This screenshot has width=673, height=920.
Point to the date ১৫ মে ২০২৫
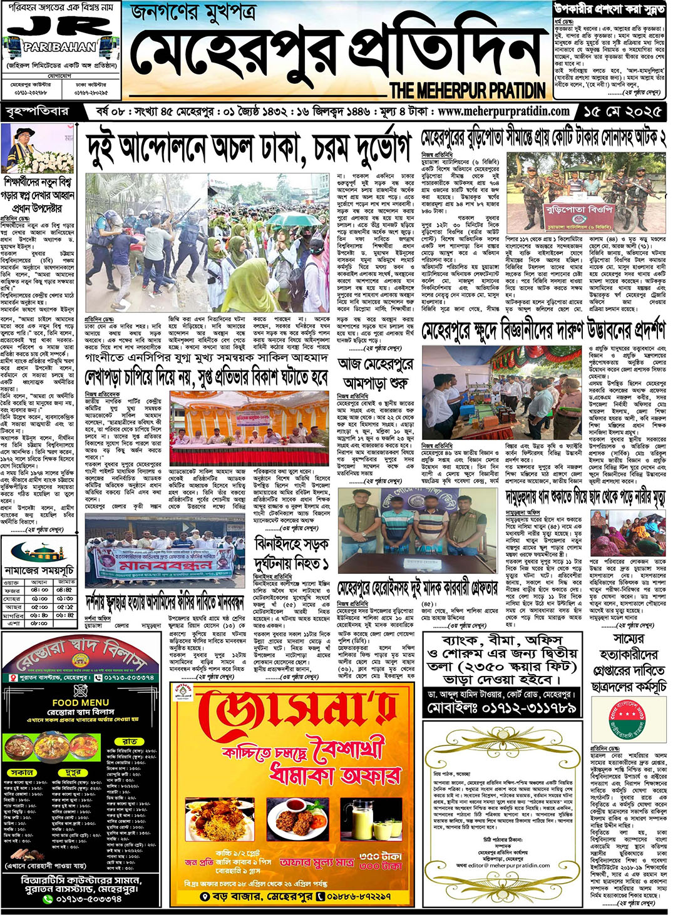[622, 112]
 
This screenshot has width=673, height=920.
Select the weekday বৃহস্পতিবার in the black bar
[36, 112]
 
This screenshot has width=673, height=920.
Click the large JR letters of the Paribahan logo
[60, 28]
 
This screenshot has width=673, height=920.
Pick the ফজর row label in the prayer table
[13, 590]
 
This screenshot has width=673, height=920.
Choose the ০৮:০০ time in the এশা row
[39, 623]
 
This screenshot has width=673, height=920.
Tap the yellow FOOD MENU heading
[80, 703]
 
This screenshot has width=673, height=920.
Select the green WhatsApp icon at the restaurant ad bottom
[48, 899]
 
